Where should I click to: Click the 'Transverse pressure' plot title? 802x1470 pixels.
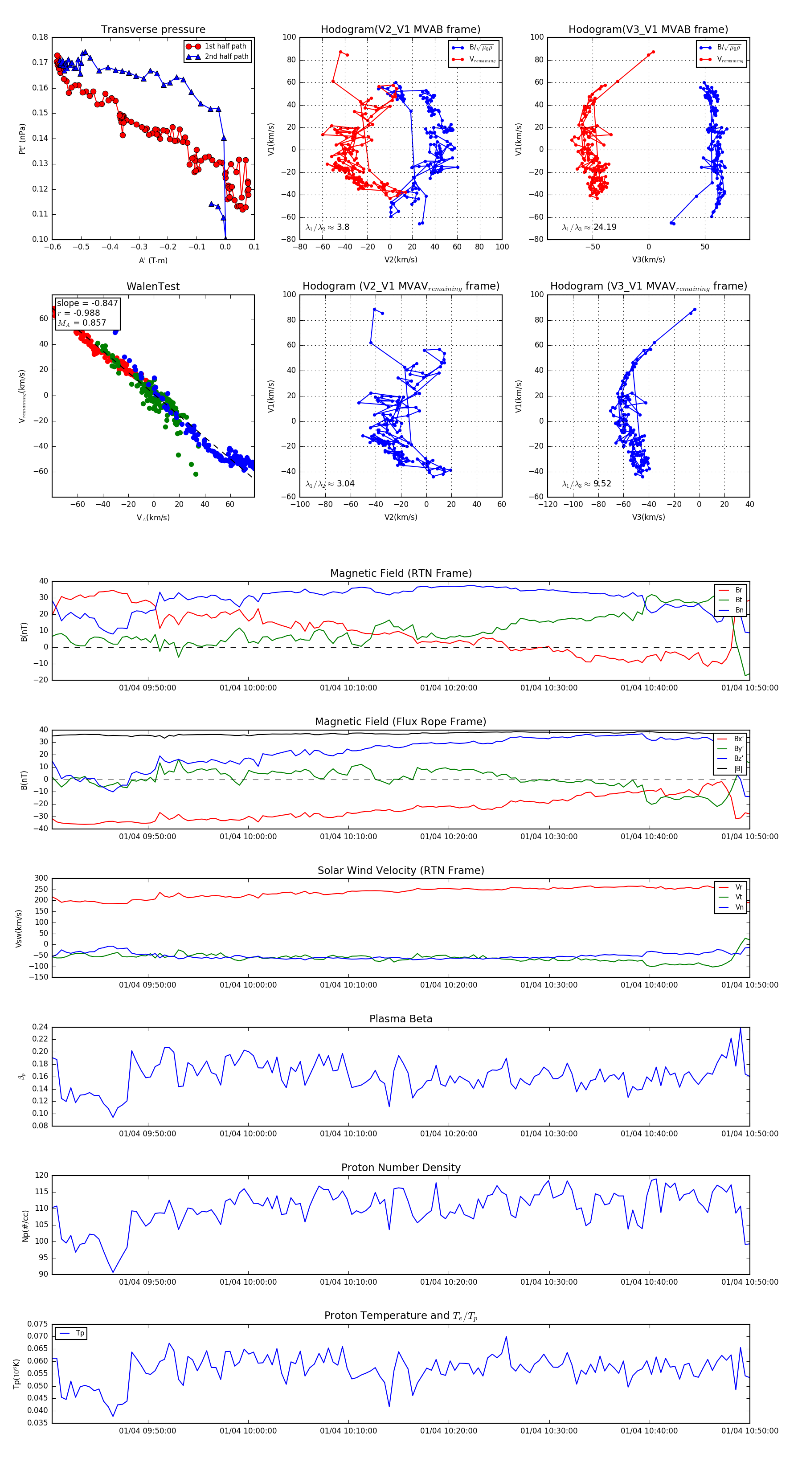[x=153, y=30]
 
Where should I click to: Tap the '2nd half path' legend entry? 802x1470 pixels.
[x=226, y=57]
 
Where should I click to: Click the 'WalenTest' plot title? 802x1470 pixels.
[x=153, y=286]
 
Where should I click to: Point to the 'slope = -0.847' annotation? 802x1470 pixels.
[x=87, y=303]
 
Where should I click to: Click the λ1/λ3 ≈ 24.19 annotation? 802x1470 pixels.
[x=589, y=227]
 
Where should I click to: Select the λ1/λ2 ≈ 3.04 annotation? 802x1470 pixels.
[x=330, y=484]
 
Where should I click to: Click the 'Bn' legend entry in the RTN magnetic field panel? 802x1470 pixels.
[x=739, y=610]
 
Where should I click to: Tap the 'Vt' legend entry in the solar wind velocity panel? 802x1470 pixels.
[x=739, y=897]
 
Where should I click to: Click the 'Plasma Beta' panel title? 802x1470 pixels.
[x=401, y=1019]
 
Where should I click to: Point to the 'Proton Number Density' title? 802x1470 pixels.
[x=401, y=1168]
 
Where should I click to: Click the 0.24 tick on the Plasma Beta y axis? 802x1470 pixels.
[x=40, y=1027]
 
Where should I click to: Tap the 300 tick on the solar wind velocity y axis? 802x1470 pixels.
[x=41, y=878]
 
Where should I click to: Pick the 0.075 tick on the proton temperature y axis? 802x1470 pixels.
[x=38, y=1324]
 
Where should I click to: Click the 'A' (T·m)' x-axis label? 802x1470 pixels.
[x=153, y=260]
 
